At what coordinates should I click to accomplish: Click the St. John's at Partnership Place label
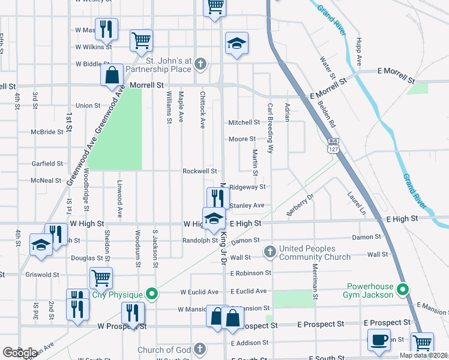tap(158, 65)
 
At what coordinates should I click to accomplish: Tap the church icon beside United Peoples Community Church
tap(270, 251)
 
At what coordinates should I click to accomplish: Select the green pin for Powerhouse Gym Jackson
tap(404, 289)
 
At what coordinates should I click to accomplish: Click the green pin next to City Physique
tap(152, 294)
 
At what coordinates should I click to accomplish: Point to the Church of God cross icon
tap(200, 348)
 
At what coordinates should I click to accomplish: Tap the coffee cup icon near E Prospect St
tap(379, 339)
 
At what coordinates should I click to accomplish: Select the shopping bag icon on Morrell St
tap(112, 76)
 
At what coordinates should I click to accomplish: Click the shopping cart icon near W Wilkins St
tap(141, 40)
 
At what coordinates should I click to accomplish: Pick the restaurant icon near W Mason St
tap(106, 29)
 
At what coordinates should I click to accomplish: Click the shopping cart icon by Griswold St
tap(101, 278)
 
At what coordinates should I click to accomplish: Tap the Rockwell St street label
tap(200, 171)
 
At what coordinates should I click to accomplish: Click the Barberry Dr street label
tap(301, 205)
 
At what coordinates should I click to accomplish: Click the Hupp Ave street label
tap(359, 53)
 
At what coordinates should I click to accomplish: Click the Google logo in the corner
tap(20, 352)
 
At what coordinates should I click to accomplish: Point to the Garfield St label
tap(47, 163)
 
